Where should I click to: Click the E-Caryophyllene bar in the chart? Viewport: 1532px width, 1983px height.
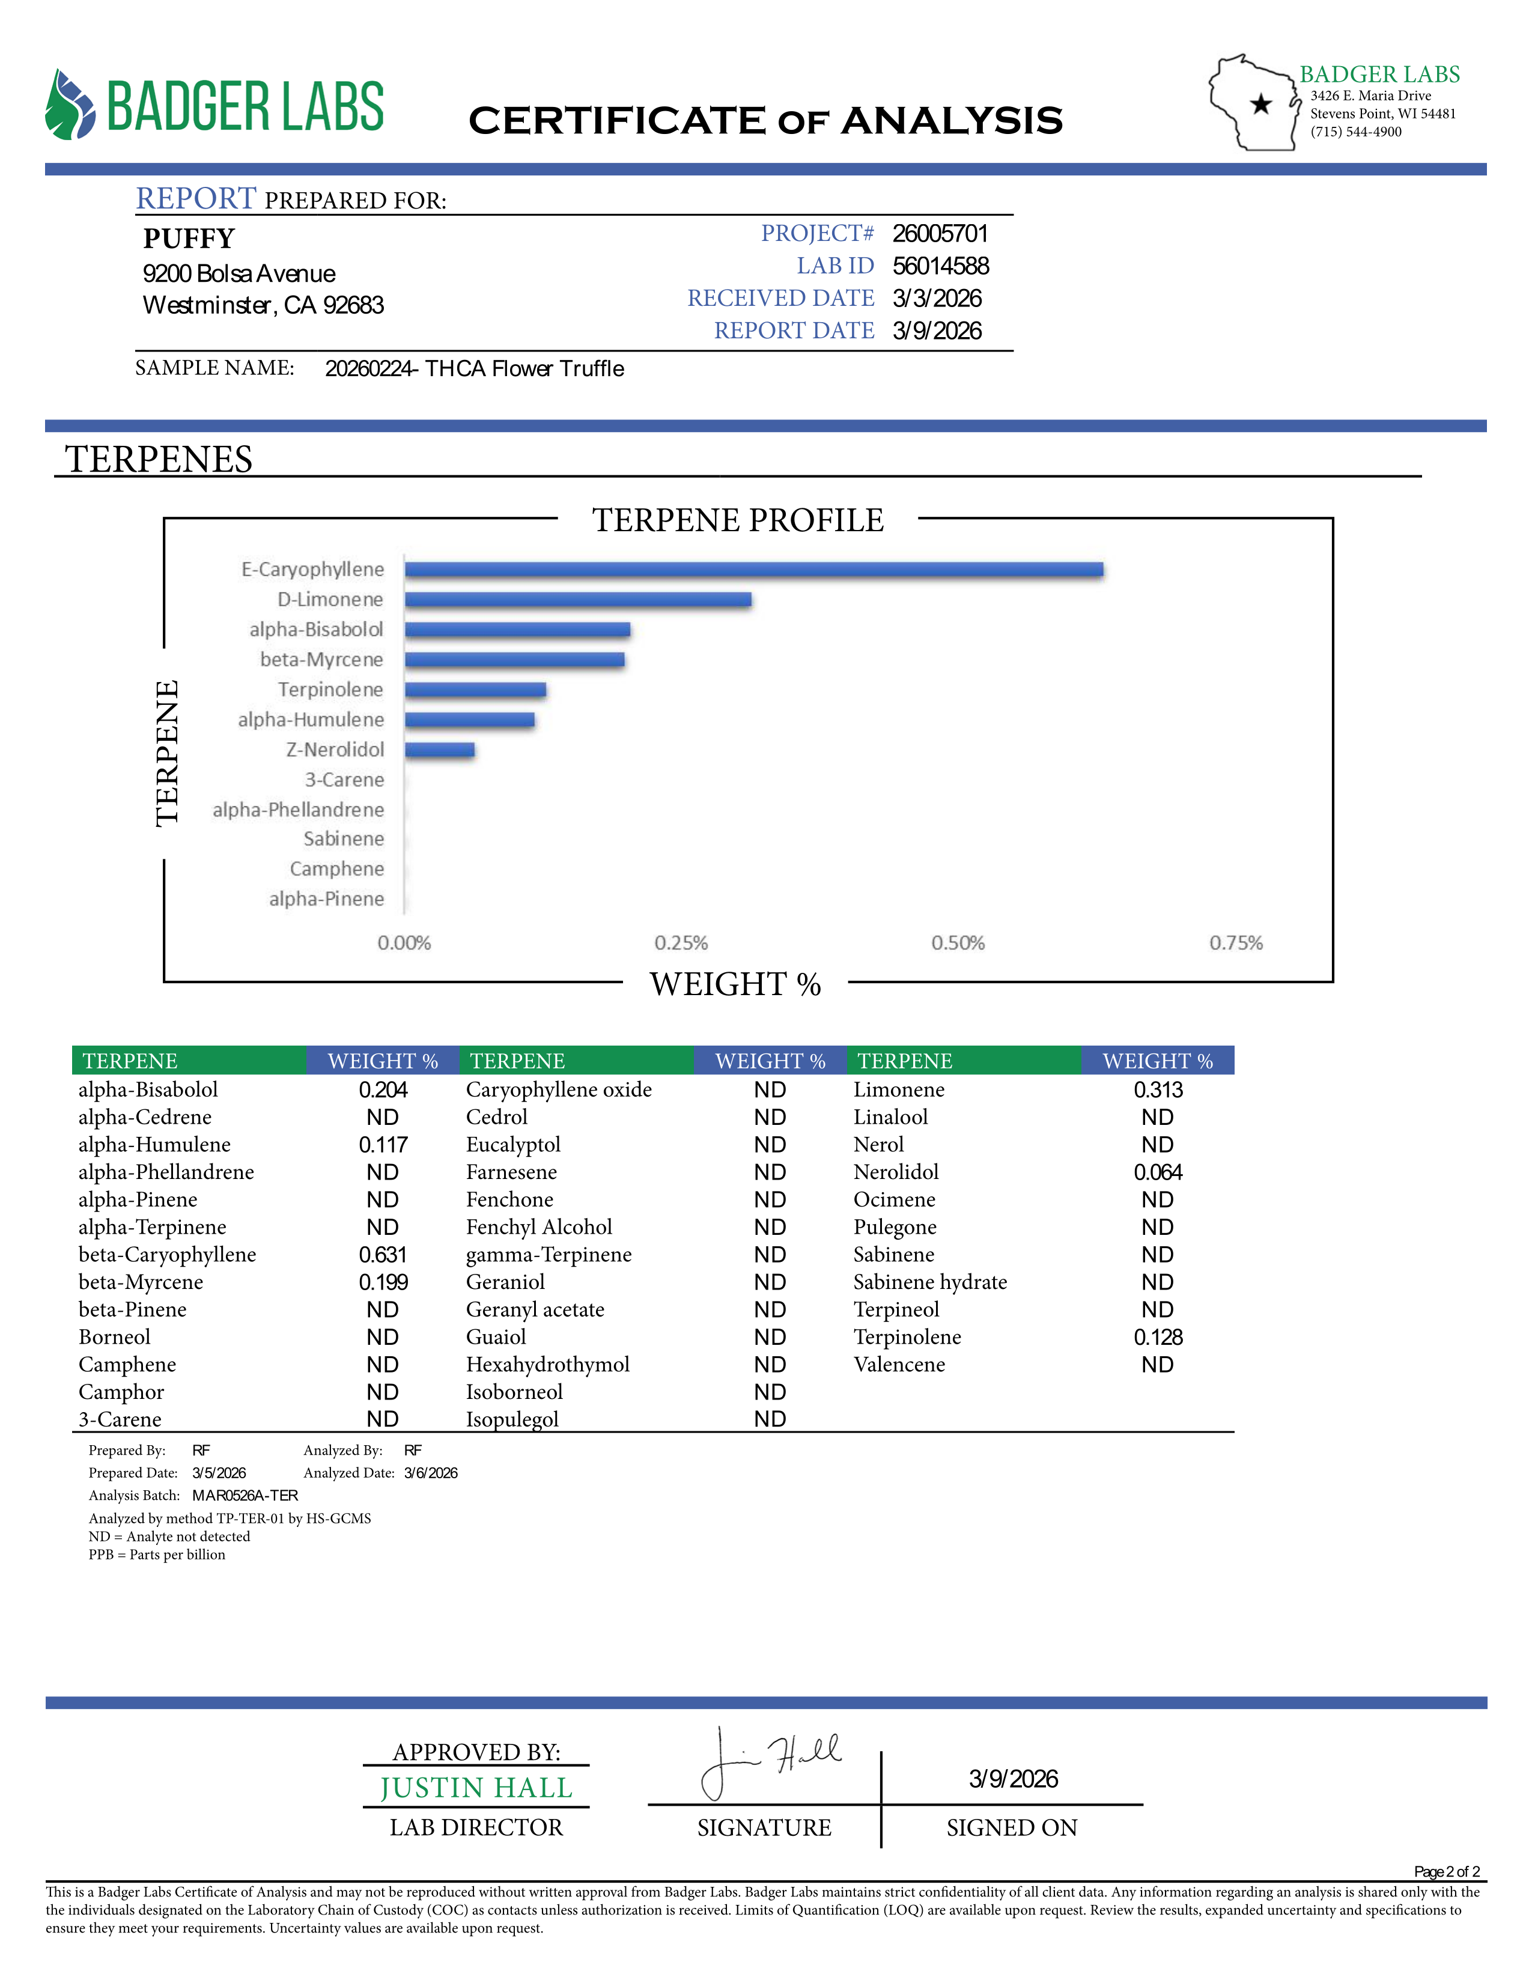[753, 569]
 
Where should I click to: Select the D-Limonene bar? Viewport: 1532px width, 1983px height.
[578, 599]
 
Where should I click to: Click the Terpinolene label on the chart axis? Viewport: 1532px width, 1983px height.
[330, 690]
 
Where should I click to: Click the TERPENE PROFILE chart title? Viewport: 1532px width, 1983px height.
[737, 520]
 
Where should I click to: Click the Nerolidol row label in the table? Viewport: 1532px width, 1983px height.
[896, 1172]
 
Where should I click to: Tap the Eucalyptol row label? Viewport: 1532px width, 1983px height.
[513, 1145]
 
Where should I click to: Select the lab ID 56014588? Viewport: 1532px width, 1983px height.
[940, 266]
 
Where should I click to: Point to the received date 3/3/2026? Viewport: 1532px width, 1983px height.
[937, 299]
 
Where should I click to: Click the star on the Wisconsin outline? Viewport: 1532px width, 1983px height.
[1260, 105]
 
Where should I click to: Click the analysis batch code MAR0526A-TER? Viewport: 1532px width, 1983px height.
[244, 1496]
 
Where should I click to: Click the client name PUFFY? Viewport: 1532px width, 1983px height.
[189, 239]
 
